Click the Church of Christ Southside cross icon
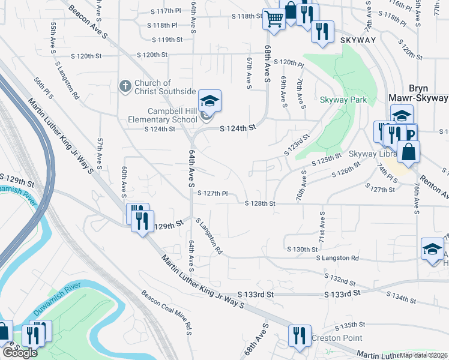[x=125, y=86]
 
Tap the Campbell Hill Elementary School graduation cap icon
[x=209, y=101]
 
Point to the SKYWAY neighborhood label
[x=358, y=40]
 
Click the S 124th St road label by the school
[x=238, y=128]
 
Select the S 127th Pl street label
[x=212, y=193]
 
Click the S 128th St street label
[x=260, y=203]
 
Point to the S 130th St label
[x=302, y=249]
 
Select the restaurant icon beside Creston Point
[x=299, y=337]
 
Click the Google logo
[x=20, y=353]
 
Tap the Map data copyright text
[x=424, y=355]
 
